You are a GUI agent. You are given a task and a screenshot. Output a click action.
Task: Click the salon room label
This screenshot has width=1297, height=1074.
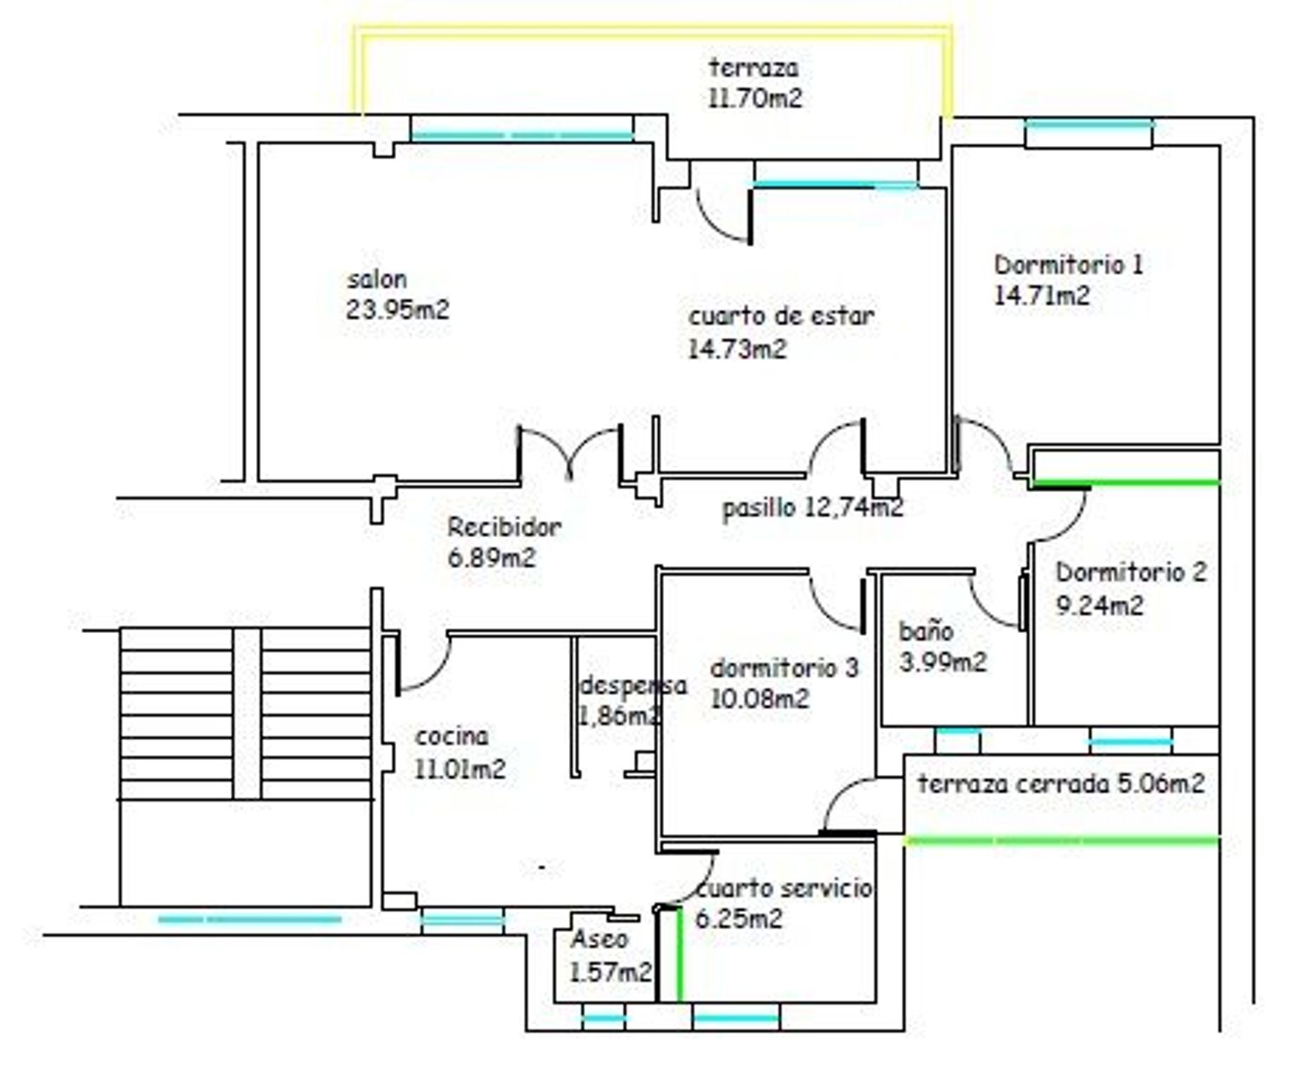[377, 280]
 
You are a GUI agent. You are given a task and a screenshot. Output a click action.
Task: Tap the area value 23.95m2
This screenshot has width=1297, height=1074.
[398, 310]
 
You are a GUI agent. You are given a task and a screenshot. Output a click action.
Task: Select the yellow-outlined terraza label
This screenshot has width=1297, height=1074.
[753, 68]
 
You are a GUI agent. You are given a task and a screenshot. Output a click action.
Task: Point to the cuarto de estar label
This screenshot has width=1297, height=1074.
[782, 316]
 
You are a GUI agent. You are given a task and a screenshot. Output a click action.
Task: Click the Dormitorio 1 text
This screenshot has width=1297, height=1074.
[1069, 265]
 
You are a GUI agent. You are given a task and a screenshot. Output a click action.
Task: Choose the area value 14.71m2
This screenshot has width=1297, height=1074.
[1042, 296]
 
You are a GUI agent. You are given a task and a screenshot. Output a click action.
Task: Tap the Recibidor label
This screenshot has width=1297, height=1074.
[504, 527]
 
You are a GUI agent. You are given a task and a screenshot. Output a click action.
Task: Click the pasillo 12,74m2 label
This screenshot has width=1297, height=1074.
[813, 508]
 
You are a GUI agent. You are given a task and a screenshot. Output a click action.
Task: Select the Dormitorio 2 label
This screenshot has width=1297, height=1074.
[1131, 572]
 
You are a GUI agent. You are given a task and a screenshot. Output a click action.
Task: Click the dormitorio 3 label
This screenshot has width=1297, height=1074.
[784, 668]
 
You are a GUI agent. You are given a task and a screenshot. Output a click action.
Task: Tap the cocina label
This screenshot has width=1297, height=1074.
[451, 738]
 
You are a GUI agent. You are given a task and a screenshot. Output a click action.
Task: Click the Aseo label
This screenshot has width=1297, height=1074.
[599, 938]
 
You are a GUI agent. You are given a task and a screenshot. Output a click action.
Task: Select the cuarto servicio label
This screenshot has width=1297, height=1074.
[784, 888]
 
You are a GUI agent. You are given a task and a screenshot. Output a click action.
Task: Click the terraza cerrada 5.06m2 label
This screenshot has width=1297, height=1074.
[1062, 784]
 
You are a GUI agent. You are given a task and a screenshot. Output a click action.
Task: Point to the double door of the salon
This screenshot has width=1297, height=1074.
[570, 454]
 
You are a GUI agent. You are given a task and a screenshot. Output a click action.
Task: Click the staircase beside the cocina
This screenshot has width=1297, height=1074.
[246, 713]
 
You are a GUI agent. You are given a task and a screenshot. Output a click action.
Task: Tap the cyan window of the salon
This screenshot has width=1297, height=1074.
[521, 136]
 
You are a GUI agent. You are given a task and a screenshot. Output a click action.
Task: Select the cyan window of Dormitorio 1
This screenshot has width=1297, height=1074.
[1090, 125]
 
